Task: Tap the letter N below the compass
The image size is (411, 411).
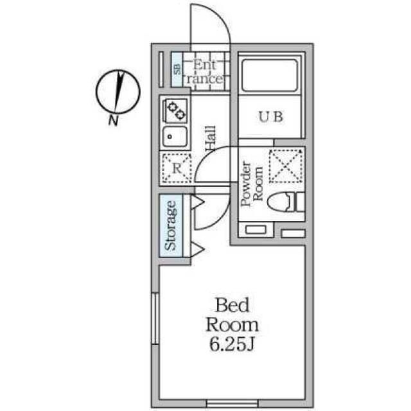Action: click(x=113, y=120)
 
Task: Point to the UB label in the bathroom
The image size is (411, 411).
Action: click(x=270, y=117)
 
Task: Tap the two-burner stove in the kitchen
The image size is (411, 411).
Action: click(x=175, y=110)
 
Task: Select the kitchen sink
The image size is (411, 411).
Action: click(x=175, y=136)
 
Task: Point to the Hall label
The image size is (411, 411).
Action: click(x=210, y=139)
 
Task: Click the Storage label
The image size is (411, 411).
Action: click(x=171, y=225)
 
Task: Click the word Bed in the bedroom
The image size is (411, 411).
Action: click(x=231, y=304)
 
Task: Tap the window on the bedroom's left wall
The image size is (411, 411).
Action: click(x=154, y=319)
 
